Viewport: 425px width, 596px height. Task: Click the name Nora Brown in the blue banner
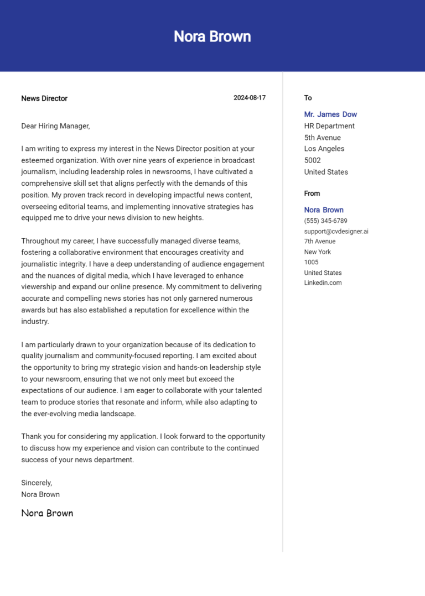pyautogui.click(x=212, y=36)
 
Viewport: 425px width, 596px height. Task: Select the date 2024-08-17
pyautogui.click(x=249, y=98)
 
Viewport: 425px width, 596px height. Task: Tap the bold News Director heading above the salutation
pyautogui.click(x=44, y=98)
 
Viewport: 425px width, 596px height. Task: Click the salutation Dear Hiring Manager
pyautogui.click(x=55, y=126)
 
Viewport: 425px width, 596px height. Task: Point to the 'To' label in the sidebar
pyautogui.click(x=308, y=98)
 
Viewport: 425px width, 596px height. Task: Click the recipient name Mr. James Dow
pyautogui.click(x=330, y=114)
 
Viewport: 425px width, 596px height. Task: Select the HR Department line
pyautogui.click(x=329, y=126)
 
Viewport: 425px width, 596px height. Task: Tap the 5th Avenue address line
pyautogui.click(x=322, y=138)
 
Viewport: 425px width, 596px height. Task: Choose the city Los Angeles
pyautogui.click(x=324, y=149)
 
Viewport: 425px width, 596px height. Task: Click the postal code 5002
pyautogui.click(x=313, y=160)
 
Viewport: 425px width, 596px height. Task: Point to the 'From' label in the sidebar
pyautogui.click(x=312, y=194)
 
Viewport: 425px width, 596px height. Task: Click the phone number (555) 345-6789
pyautogui.click(x=325, y=221)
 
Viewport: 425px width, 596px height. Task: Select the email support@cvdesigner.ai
pyautogui.click(x=336, y=231)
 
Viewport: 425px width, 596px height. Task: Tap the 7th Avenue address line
pyautogui.click(x=319, y=241)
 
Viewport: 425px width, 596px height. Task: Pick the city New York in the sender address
pyautogui.click(x=317, y=252)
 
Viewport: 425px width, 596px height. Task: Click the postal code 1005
pyautogui.click(x=311, y=262)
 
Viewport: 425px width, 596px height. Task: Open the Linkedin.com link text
pyautogui.click(x=323, y=283)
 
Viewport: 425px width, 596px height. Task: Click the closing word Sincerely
pyautogui.click(x=37, y=483)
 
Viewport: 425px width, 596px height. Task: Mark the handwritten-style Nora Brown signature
pyautogui.click(x=47, y=513)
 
